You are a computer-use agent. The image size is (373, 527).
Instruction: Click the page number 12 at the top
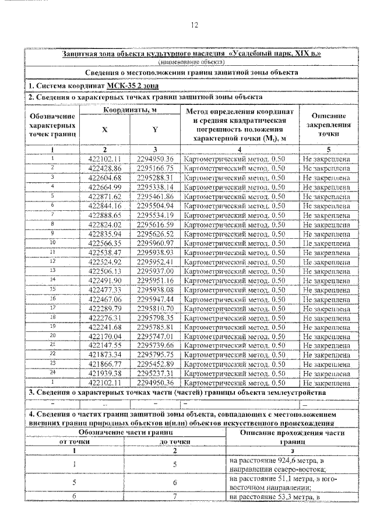[x=195, y=25]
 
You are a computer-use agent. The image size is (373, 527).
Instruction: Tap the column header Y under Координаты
[x=155, y=129]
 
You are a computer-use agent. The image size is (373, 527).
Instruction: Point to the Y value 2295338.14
[x=155, y=186]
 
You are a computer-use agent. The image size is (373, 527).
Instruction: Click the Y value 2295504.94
[x=155, y=206]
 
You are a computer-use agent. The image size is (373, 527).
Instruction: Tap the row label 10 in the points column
[x=52, y=242]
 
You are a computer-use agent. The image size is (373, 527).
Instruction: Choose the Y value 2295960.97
[x=155, y=243]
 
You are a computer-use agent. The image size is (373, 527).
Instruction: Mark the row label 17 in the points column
[x=52, y=307]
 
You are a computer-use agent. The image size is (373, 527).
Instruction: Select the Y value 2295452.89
[x=155, y=363]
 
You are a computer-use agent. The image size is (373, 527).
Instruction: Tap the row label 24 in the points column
[x=52, y=372]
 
